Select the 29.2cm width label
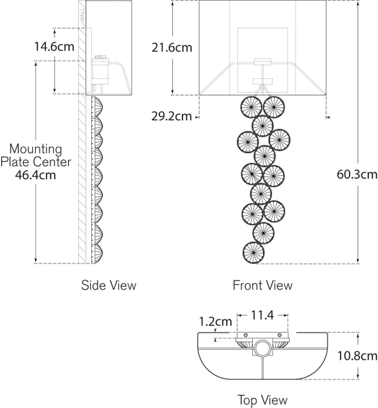coord(172,116)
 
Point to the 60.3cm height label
coord(357,174)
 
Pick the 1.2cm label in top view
coord(215,321)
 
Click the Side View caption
coord(109,286)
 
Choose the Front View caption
coord(262,286)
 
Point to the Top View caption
coord(262,400)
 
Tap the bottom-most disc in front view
coord(254,251)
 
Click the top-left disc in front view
coord(251,108)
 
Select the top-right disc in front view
coord(274,108)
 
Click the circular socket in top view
coord(262,349)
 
